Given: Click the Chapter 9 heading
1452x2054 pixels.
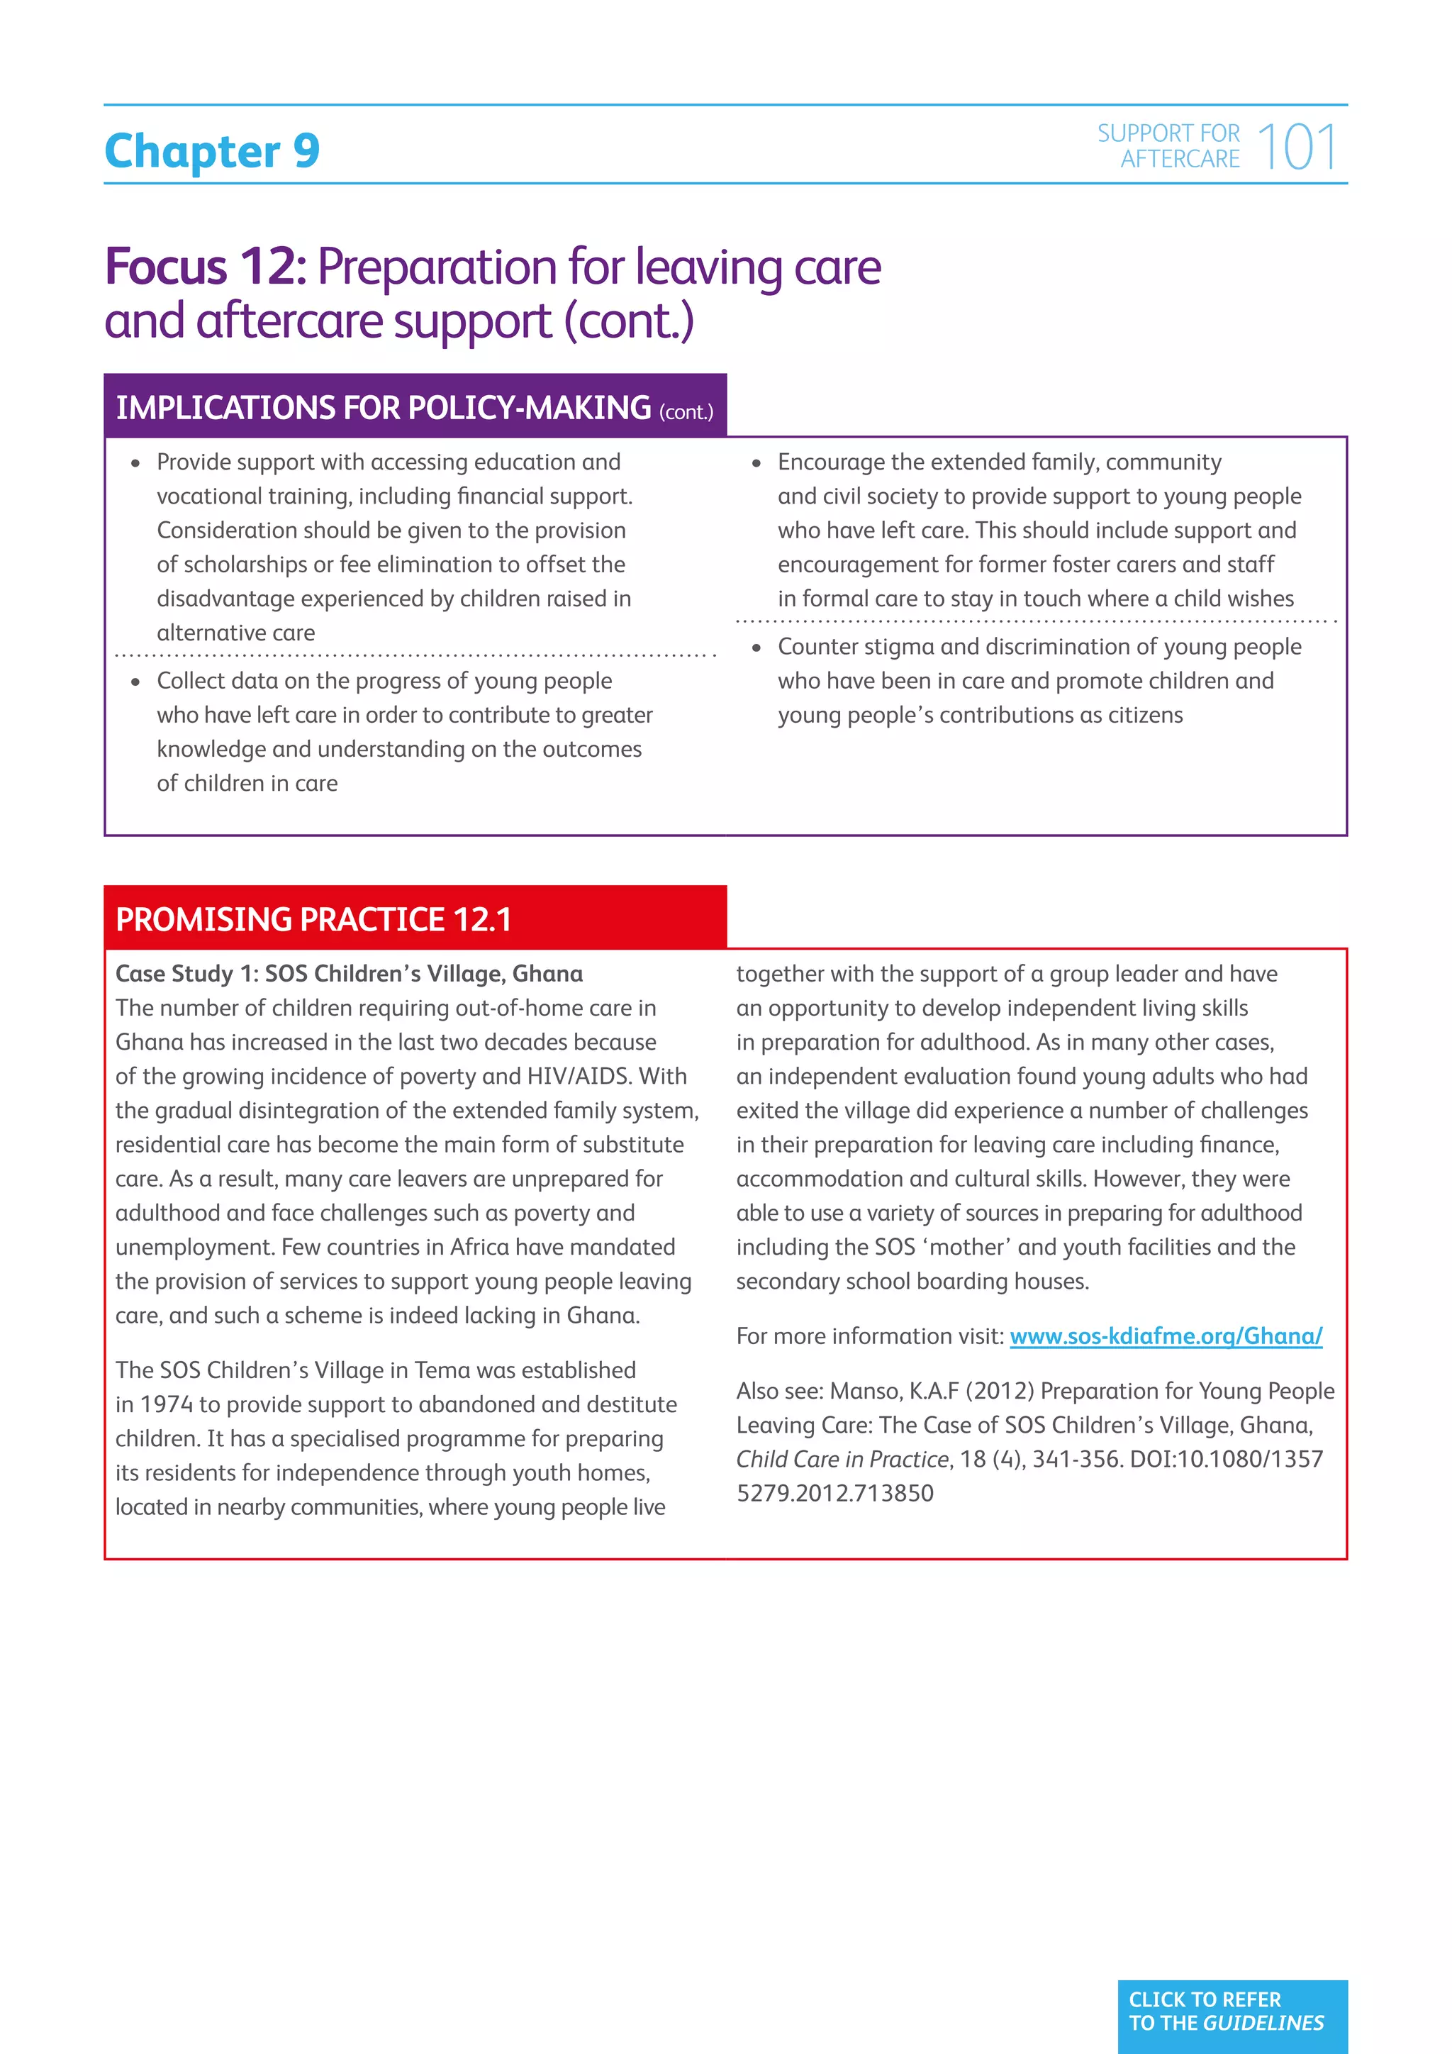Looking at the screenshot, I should [x=212, y=150].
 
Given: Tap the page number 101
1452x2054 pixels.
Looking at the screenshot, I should [x=1297, y=148].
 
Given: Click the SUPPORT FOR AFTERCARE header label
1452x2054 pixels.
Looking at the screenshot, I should [x=1169, y=146].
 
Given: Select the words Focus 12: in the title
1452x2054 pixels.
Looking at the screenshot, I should [x=206, y=267].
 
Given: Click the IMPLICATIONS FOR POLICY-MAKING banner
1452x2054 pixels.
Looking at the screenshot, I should [x=415, y=407].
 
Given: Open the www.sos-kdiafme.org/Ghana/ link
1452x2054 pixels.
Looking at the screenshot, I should [x=1166, y=1336].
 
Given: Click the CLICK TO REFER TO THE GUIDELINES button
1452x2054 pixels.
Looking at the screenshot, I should [x=1232, y=2011].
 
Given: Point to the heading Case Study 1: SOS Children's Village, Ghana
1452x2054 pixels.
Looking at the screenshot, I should [x=349, y=973].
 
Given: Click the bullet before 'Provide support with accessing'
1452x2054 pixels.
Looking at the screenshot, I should [x=136, y=463].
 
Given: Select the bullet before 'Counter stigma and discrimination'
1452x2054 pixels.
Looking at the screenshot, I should [x=756, y=648].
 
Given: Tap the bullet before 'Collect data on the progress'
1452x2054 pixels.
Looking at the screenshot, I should [x=136, y=682].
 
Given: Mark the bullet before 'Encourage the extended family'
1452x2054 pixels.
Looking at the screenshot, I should [x=756, y=463].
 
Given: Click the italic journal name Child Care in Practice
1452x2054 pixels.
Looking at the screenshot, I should [x=842, y=1459].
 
